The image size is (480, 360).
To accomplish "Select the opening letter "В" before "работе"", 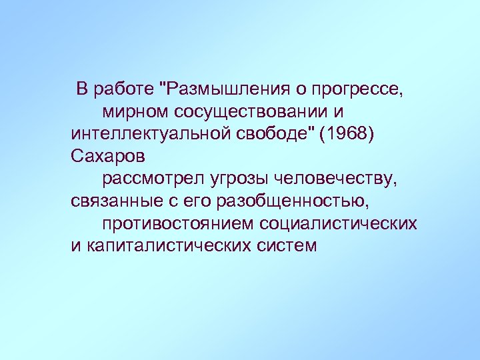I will [x=82, y=88].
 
